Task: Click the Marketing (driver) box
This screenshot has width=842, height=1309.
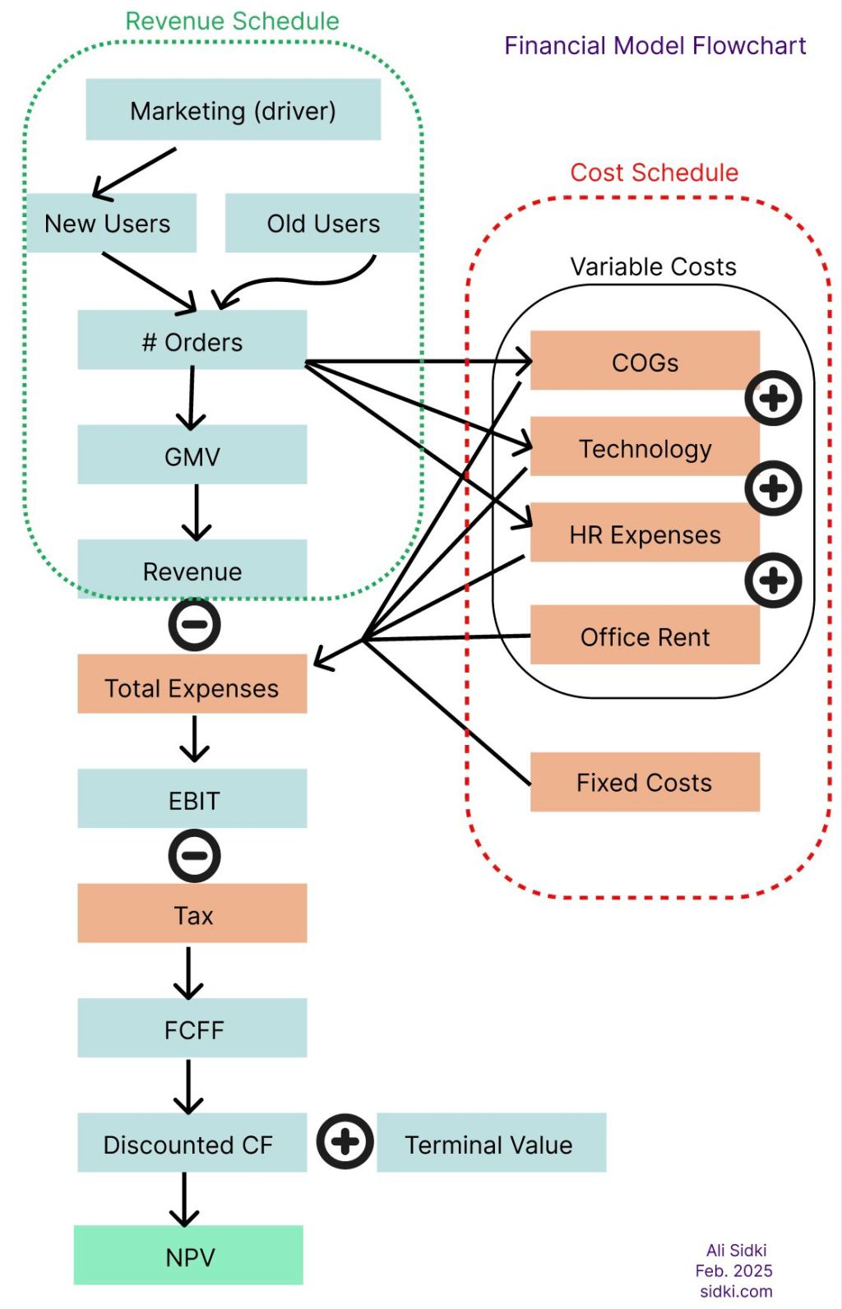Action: pos(233,109)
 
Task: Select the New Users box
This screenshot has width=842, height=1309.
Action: pos(108,223)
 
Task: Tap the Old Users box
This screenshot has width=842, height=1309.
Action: pos(322,223)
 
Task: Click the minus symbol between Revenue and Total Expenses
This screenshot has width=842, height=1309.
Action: pos(194,624)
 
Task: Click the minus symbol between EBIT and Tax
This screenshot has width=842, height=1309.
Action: pos(194,855)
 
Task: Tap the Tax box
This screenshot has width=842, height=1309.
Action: pos(192,914)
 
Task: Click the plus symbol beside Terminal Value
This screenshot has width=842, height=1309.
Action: pos(345,1141)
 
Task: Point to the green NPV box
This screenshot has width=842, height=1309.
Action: pos(188,1256)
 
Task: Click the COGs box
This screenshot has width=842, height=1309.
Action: pos(645,361)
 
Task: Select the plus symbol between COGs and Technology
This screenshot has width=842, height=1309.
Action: pos(773,398)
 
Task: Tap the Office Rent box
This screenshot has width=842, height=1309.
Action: pos(645,636)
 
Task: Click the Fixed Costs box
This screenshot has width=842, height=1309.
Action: pos(645,782)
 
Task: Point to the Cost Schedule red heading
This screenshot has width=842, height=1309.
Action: pos(655,173)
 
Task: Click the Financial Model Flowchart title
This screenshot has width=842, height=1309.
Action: pos(655,45)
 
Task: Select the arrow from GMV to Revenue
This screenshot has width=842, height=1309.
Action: pos(197,512)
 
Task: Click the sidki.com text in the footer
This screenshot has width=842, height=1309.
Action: pos(736,1291)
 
